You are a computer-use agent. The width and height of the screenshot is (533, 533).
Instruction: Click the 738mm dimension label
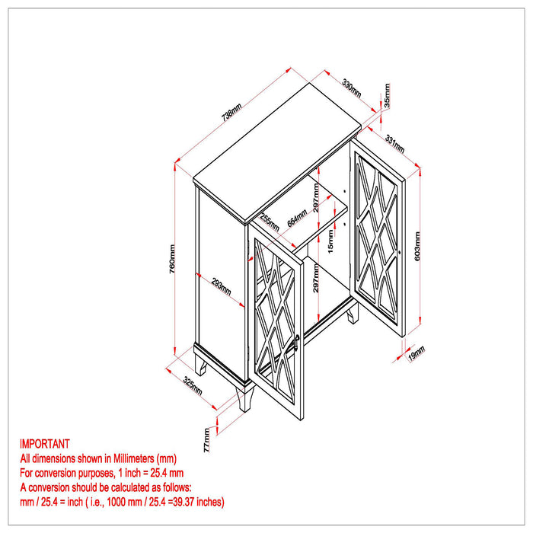pos(231,112)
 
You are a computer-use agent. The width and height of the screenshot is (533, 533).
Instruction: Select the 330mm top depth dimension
pos(352,88)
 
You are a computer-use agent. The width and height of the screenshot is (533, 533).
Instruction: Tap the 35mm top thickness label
pos(387,95)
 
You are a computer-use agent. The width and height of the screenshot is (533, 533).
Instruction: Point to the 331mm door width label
pos(394,144)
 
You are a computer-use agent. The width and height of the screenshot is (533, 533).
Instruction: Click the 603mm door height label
pos(417,246)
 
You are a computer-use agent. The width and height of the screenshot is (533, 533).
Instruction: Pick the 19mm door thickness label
pos(417,353)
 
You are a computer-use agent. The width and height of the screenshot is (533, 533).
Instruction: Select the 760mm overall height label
pos(172,259)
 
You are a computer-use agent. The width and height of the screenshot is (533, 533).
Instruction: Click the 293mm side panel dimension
pos(222,286)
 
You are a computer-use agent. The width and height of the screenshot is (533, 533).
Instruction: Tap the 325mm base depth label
pos(193,385)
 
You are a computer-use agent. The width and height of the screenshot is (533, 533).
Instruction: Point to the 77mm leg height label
pos(206,440)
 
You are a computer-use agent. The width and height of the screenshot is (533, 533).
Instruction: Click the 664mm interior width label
pos(297,218)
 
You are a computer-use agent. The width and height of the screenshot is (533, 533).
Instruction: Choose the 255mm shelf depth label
pos(270,222)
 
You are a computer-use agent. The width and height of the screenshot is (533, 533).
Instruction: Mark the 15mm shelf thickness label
pos(330,241)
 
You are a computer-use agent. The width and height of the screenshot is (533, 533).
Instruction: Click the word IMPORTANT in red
pos(44,444)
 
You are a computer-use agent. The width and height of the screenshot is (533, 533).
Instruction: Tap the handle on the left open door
pos(296,343)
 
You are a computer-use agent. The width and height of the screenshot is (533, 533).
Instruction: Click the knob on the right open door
pos(400,252)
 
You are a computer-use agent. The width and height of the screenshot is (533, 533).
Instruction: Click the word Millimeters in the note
pos(133,458)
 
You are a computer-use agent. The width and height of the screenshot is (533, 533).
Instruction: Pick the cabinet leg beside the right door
pos(353,314)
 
